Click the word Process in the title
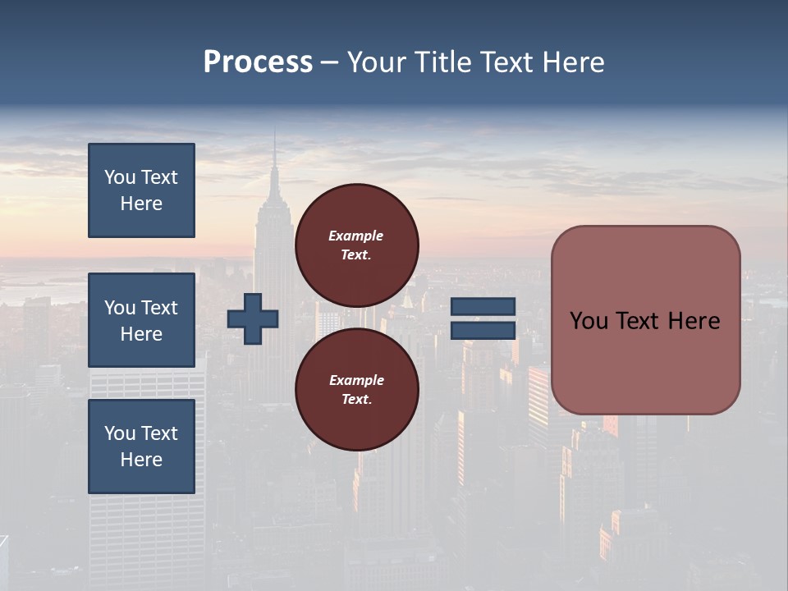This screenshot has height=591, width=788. pyautogui.click(x=258, y=62)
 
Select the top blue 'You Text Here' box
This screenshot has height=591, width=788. pyautogui.click(x=141, y=190)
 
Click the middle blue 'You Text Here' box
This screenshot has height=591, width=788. pyautogui.click(x=141, y=320)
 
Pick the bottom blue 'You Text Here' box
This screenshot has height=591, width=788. pyautogui.click(x=141, y=446)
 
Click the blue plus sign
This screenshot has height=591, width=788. pyautogui.click(x=253, y=318)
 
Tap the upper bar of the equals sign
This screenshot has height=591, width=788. pyautogui.click(x=483, y=307)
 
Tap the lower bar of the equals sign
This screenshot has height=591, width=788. pyautogui.click(x=483, y=330)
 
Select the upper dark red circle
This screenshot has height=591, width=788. pyautogui.click(x=356, y=245)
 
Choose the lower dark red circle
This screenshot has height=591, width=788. pyautogui.click(x=356, y=389)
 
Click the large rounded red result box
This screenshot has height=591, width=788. pyautogui.click(x=645, y=320)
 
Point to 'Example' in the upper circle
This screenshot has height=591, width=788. pyautogui.click(x=356, y=236)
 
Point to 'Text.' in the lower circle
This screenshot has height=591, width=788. pyautogui.click(x=356, y=399)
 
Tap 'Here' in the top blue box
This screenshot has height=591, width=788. pyautogui.click(x=141, y=204)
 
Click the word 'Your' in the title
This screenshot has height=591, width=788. pyautogui.click(x=377, y=62)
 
